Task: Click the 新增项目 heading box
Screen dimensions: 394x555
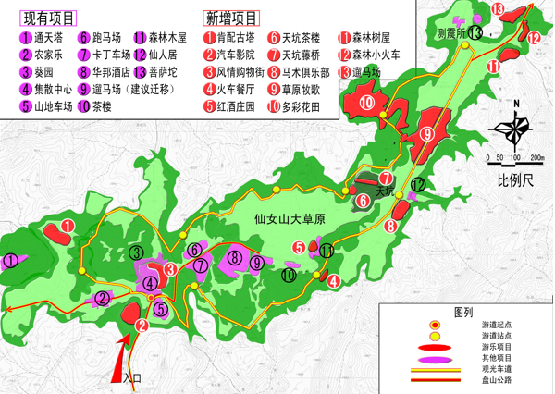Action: (231, 18)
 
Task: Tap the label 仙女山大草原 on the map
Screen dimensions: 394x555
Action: (290, 219)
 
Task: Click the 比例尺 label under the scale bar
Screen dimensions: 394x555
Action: (516, 179)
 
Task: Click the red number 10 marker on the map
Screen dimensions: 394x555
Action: (367, 103)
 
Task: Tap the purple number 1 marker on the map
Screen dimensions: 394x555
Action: (10, 261)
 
